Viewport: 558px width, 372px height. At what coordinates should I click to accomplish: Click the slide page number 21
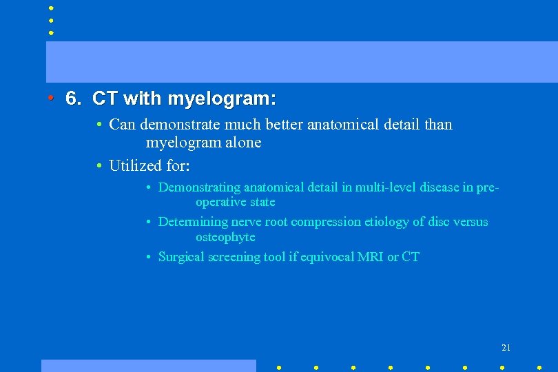(506, 347)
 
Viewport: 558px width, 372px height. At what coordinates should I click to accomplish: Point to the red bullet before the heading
(51, 99)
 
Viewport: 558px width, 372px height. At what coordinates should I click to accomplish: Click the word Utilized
(136, 165)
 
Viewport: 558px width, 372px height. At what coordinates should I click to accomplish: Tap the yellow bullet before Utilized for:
(100, 165)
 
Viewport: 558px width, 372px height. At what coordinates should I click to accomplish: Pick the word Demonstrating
(200, 187)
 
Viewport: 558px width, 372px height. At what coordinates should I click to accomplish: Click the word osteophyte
(225, 237)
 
